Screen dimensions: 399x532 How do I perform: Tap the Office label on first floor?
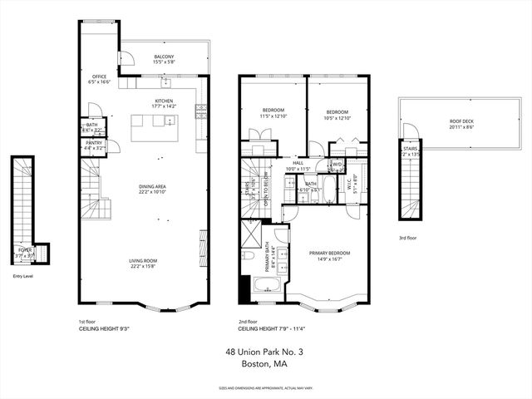click(x=99, y=77)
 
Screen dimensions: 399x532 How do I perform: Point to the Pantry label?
click(x=94, y=143)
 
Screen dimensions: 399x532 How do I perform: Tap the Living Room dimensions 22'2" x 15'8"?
click(x=143, y=267)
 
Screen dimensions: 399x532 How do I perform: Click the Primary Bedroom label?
click(x=329, y=253)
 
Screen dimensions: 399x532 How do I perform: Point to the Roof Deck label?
click(x=449, y=121)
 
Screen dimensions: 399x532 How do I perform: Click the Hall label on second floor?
click(x=297, y=164)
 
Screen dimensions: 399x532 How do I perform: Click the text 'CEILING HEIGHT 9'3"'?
click(x=102, y=328)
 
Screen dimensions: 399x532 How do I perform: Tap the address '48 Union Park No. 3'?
click(x=264, y=352)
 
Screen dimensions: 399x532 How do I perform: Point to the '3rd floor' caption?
click(x=408, y=239)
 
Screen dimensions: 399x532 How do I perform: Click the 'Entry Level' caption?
click(x=23, y=276)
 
